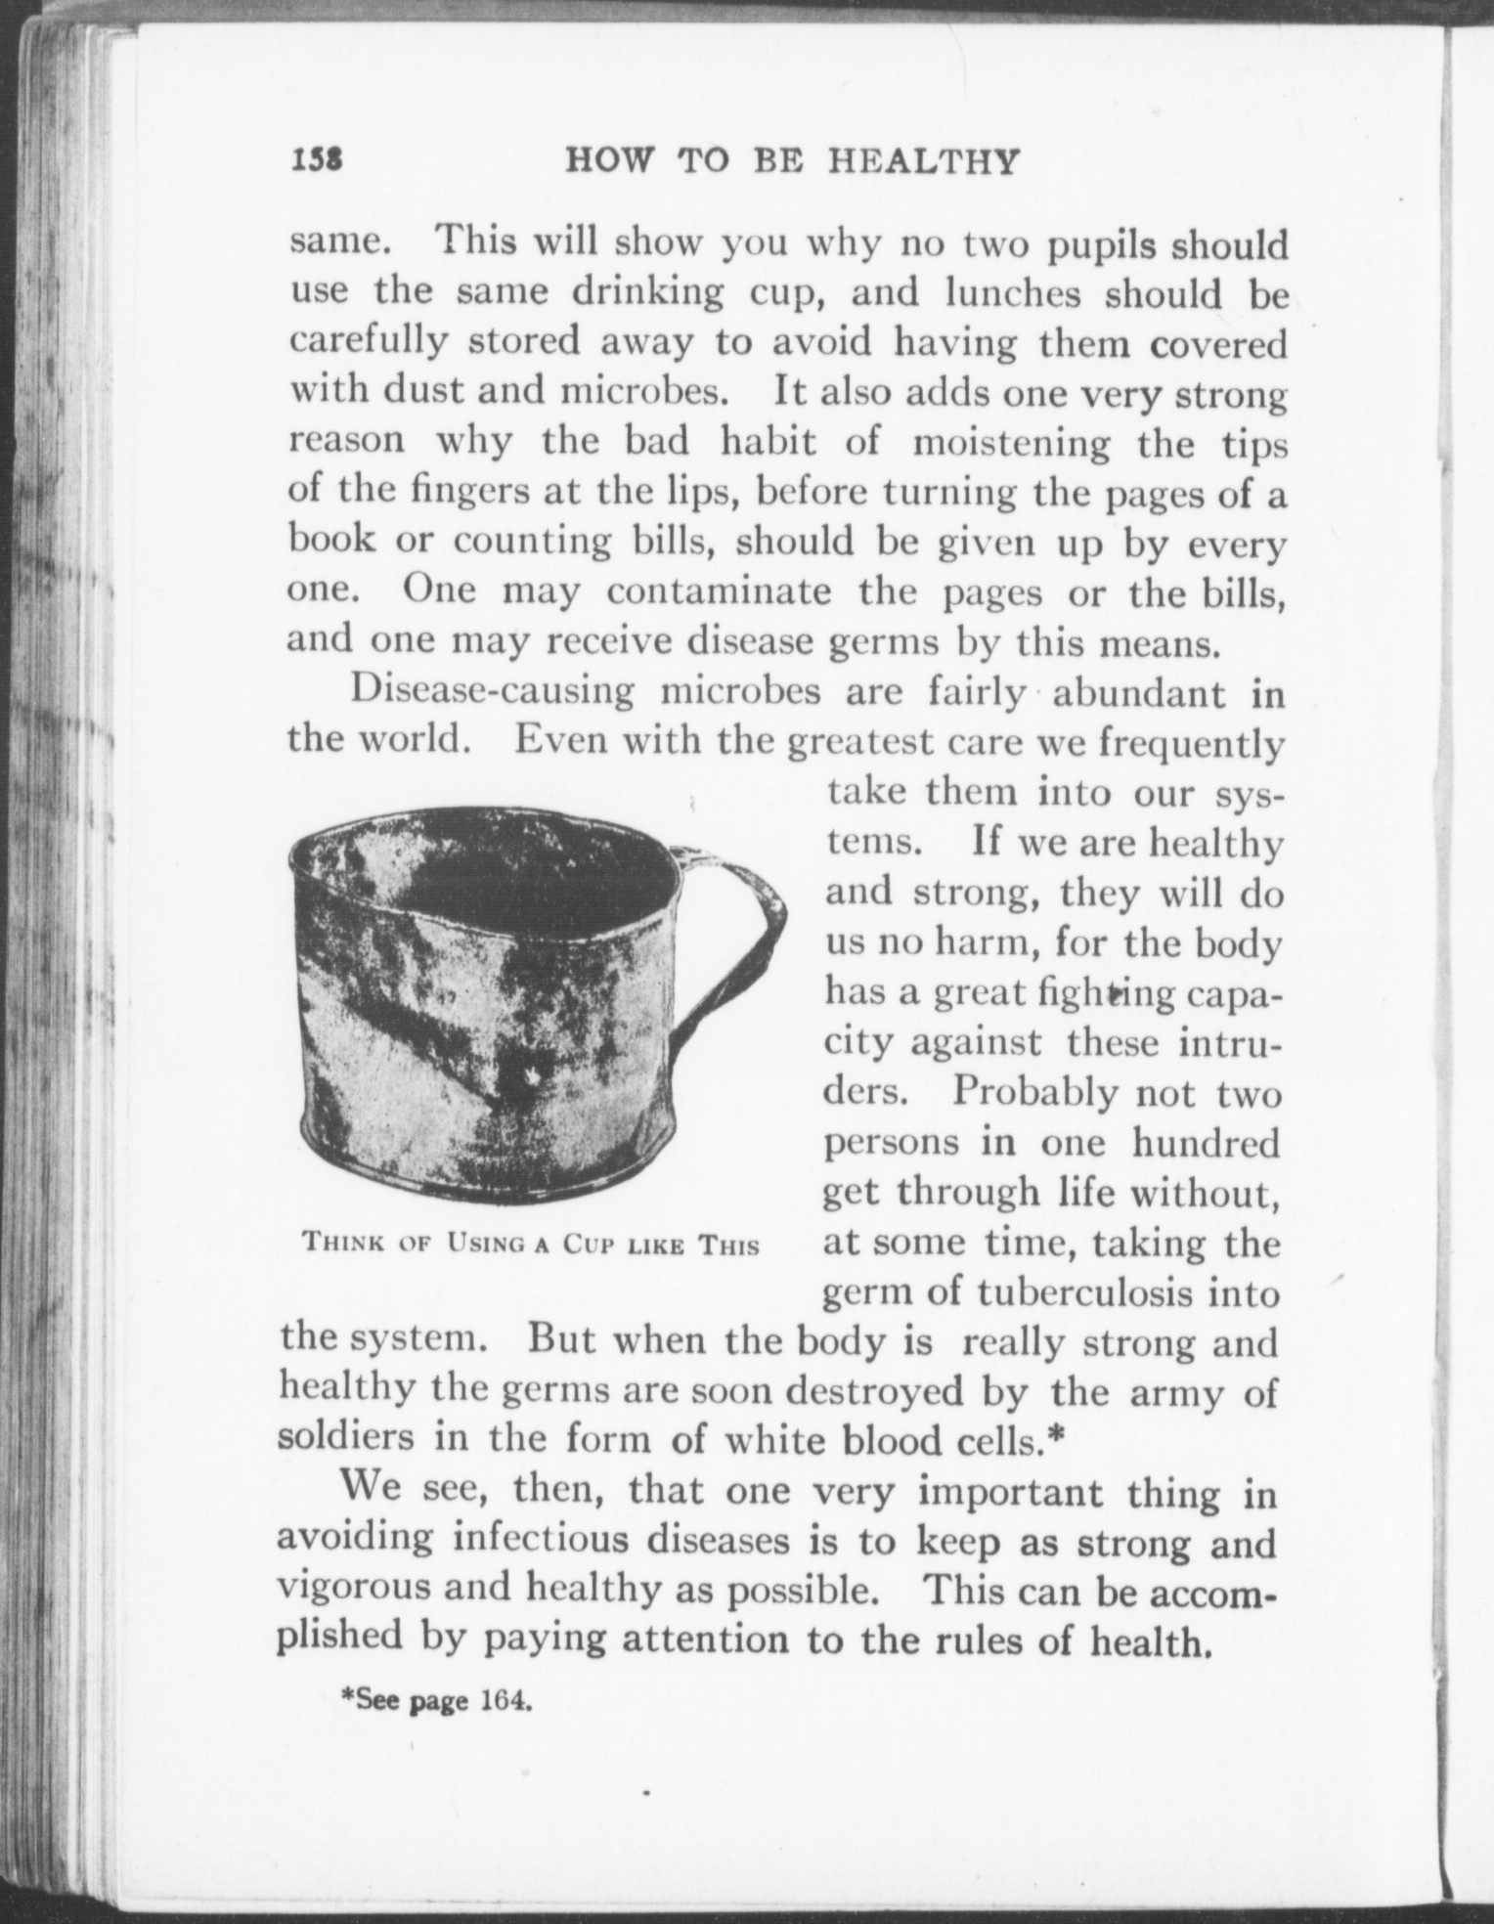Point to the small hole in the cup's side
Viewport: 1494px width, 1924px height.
[x=532, y=1078]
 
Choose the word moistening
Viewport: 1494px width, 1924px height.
[x=1011, y=443]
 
